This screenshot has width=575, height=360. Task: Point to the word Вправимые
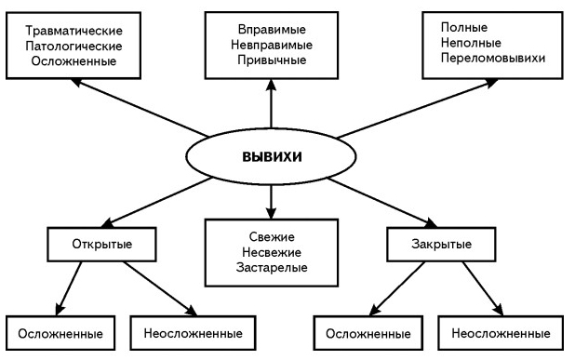click(271, 28)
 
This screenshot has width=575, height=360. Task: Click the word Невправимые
click(271, 44)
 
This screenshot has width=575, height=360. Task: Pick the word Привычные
click(271, 60)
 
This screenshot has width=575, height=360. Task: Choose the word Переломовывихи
click(493, 58)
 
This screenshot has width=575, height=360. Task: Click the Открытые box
click(101, 245)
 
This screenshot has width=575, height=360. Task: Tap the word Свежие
click(271, 236)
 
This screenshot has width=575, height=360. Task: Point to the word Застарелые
click(271, 268)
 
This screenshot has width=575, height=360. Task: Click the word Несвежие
click(271, 252)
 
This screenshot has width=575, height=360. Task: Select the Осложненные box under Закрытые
click(364, 332)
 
